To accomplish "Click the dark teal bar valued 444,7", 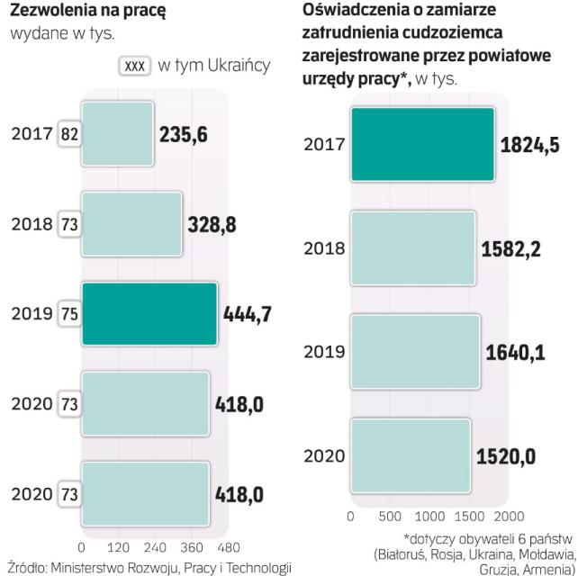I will [x=149, y=314].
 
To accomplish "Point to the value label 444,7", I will [x=249, y=314].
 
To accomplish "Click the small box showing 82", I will [x=68, y=134].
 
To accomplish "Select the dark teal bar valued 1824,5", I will [x=422, y=143].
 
